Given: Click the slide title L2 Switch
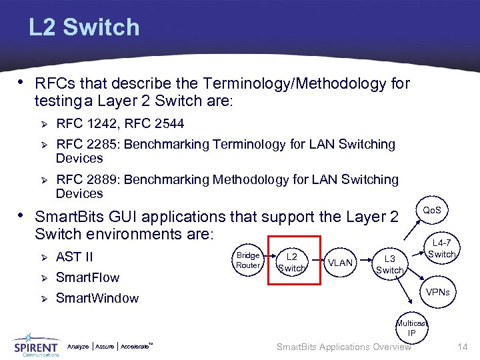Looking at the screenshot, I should point(84,27).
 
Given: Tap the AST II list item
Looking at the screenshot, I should point(75,257).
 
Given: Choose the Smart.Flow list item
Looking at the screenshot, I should point(87,277).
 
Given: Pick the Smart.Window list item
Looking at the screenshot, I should point(97,298).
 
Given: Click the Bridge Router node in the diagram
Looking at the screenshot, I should point(248,260).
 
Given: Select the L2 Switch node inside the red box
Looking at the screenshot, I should point(291,262).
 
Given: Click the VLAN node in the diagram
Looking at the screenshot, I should point(341,263).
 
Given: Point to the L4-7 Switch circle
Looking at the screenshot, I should point(441,249).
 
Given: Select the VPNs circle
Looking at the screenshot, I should point(438,292).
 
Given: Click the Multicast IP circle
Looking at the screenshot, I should point(412,328).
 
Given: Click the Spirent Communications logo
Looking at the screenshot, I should point(37,345).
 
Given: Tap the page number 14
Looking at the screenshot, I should point(463,347).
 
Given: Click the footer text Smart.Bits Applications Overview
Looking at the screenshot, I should point(343,347).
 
